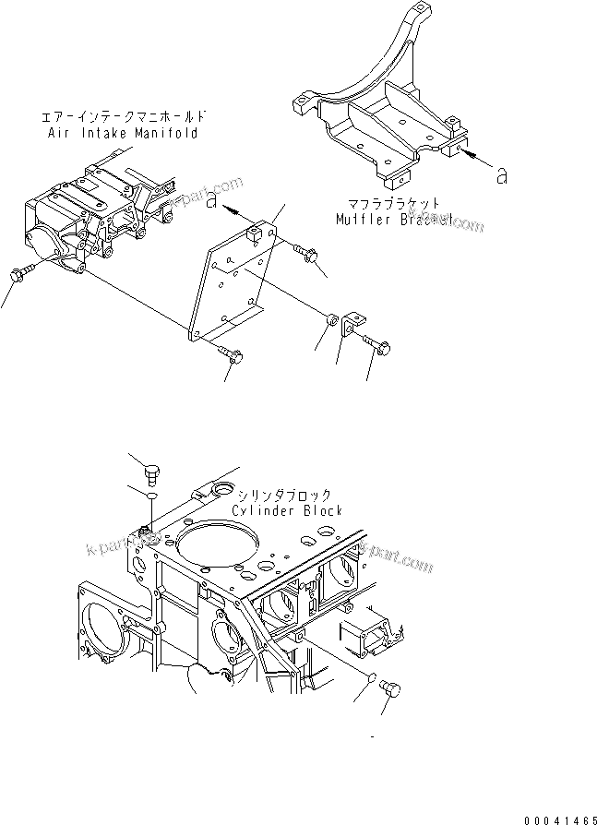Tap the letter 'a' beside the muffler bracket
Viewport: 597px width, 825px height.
501,175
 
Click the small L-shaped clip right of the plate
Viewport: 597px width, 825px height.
351,327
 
